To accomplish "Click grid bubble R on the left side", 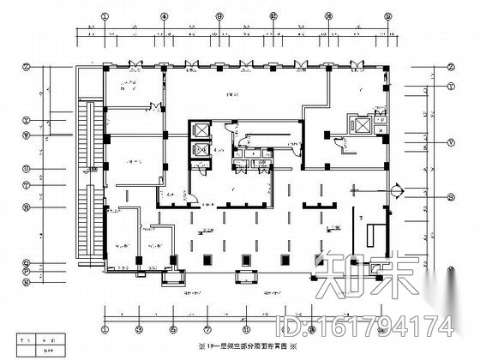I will click(27, 206).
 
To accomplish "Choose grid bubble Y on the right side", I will click(450, 86).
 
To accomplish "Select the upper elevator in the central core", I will click(201, 130).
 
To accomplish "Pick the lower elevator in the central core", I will click(201, 148).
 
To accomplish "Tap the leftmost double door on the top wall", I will click(134, 65).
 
